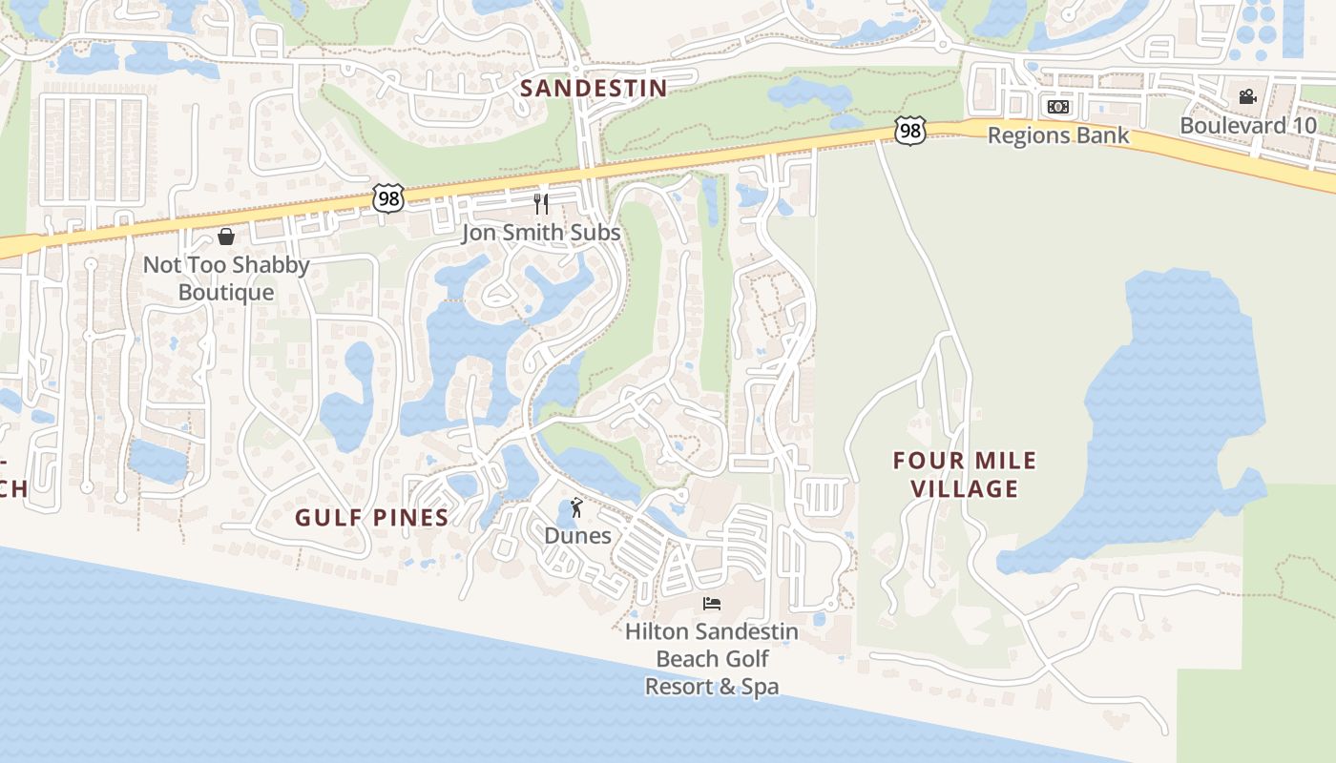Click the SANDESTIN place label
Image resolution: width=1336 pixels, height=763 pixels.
click(594, 89)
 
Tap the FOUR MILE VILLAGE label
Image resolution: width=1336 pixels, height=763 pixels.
click(964, 475)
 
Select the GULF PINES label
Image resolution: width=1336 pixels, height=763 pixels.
click(371, 518)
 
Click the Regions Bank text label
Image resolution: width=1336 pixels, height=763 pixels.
click(1057, 135)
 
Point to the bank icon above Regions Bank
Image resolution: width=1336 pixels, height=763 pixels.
click(1057, 107)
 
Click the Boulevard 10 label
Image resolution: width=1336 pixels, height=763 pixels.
click(1247, 125)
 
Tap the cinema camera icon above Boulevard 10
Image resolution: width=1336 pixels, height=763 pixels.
click(1247, 96)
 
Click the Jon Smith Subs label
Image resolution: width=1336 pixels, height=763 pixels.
click(541, 233)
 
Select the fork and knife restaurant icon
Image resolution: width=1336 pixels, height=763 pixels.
click(541, 203)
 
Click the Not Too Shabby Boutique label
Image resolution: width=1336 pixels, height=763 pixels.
click(226, 278)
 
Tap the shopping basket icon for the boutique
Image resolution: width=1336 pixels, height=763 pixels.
click(226, 237)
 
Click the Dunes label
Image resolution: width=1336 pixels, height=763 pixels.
click(577, 535)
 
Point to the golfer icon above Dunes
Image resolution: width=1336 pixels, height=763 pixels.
click(576, 507)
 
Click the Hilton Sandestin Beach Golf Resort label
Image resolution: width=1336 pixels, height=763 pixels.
click(712, 658)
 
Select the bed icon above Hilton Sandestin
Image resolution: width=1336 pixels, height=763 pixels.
click(711, 603)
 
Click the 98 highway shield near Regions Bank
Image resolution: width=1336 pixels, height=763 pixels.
click(910, 131)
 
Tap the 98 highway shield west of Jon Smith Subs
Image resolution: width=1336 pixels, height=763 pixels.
click(389, 199)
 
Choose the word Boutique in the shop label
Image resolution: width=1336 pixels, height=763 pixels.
click(226, 293)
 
